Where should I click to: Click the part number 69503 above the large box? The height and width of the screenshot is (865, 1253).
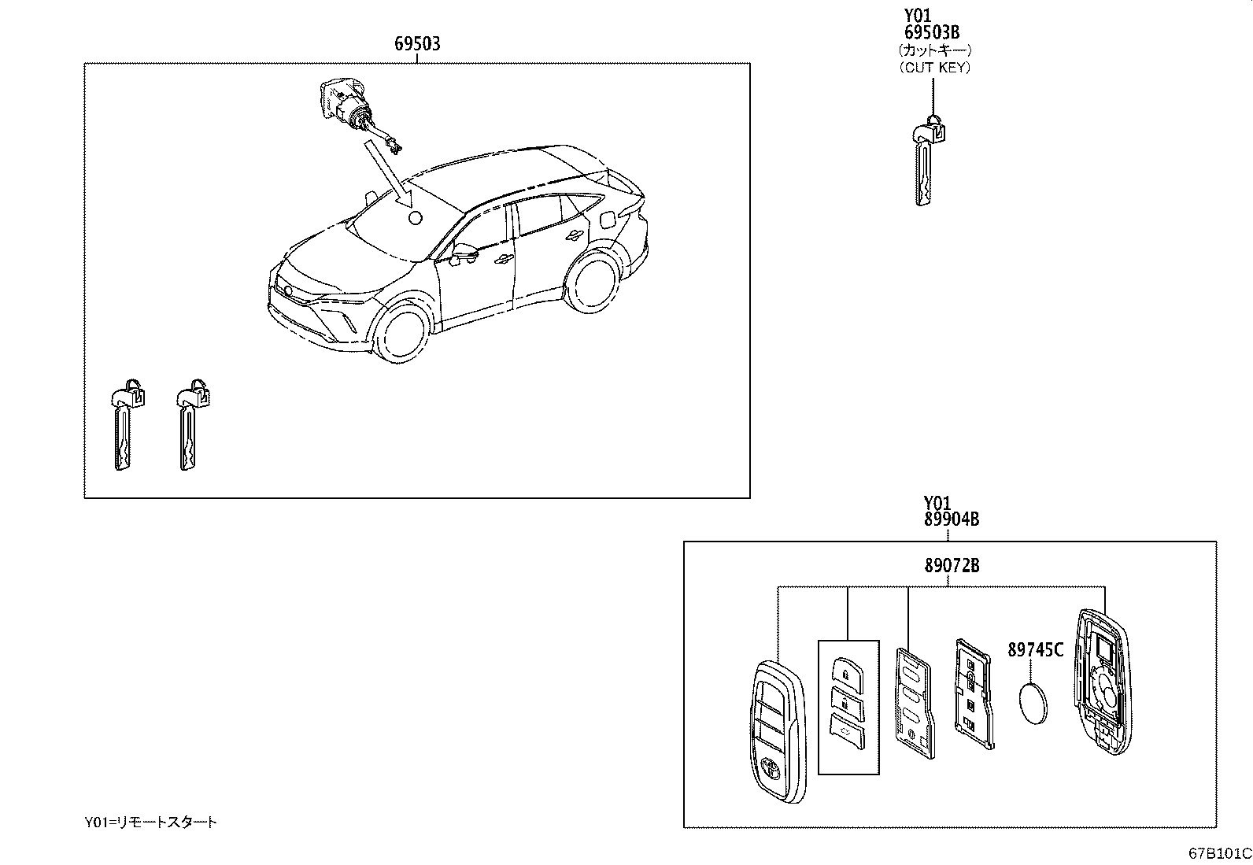(417, 44)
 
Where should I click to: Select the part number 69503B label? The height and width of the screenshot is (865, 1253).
(931, 32)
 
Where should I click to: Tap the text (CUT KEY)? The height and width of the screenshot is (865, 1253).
(934, 68)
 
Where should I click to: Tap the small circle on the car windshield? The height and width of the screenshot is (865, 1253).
(415, 218)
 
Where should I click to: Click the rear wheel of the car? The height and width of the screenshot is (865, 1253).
(592, 280)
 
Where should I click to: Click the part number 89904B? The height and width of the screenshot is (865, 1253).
(951, 519)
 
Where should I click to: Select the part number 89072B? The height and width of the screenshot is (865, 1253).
(951, 565)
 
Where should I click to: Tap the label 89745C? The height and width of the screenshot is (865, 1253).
(1035, 649)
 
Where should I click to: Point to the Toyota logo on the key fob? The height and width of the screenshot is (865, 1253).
(771, 767)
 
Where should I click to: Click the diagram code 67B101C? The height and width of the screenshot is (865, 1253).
(1219, 853)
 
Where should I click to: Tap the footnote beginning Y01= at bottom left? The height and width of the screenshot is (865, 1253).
(150, 822)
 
